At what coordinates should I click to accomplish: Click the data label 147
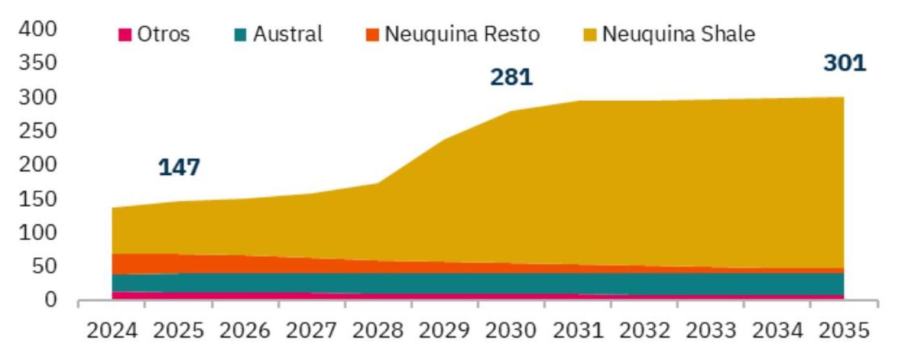click(179, 167)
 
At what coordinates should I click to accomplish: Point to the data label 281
click(511, 77)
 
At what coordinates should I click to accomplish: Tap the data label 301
click(844, 63)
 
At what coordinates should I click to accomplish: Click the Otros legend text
click(164, 34)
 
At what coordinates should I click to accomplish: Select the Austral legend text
click(288, 34)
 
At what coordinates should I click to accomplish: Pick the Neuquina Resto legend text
click(462, 34)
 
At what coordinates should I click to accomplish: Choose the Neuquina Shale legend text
click(678, 34)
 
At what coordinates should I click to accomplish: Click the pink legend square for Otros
click(125, 34)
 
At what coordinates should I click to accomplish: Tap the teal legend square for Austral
click(240, 34)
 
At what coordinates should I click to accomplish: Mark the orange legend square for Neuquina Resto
click(373, 34)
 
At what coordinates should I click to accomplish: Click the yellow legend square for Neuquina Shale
click(591, 34)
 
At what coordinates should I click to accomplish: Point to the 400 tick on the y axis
click(39, 29)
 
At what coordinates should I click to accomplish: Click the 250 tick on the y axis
click(39, 131)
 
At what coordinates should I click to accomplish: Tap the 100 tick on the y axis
click(39, 233)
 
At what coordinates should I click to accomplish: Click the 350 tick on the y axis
click(39, 63)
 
